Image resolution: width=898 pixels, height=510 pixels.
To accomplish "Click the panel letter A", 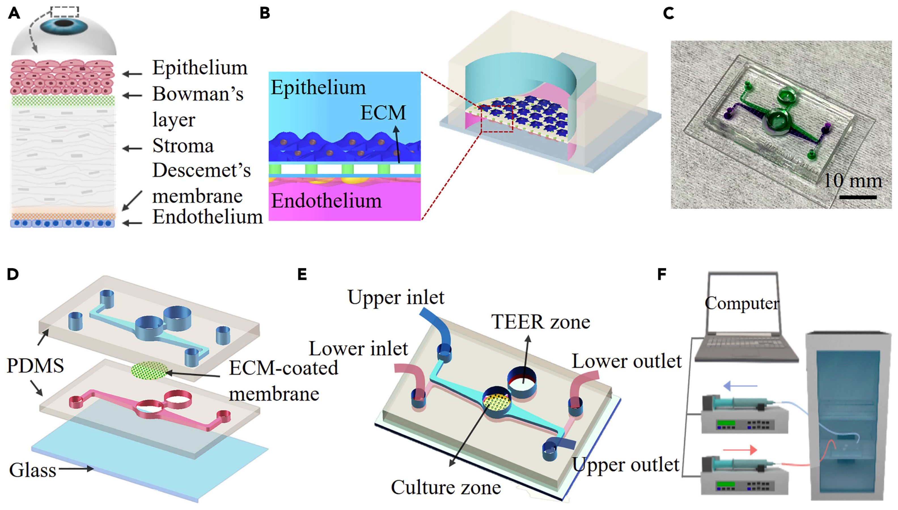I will tap(14, 13).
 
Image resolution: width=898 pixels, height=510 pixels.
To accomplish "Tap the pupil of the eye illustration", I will tap(64, 24).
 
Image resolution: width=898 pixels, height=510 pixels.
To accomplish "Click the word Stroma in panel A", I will tap(183, 146).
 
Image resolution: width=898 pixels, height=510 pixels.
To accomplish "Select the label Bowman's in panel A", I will tap(198, 94).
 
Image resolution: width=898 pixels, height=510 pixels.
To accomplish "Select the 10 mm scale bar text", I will tap(852, 181).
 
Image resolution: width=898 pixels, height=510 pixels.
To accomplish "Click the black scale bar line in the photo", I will tap(858, 198).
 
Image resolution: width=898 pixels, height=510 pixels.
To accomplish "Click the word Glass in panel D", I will tap(33, 470).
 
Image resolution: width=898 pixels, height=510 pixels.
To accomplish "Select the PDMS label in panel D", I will tap(35, 366).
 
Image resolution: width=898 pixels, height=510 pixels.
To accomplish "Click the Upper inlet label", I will tap(396, 297).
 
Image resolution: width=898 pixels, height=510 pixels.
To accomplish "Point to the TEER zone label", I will tap(540, 321).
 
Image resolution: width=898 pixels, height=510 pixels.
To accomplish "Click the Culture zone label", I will tap(446, 487).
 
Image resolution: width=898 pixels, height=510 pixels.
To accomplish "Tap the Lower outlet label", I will tap(626, 361).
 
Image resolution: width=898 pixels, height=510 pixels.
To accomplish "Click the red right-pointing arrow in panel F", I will tap(740, 449).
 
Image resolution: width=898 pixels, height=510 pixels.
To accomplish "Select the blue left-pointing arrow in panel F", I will tap(740, 386).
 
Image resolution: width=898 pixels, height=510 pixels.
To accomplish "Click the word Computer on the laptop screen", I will tap(742, 303).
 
